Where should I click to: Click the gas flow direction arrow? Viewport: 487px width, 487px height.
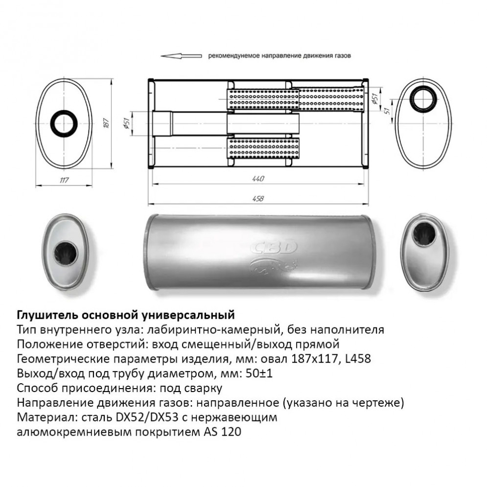pyautogui.click(x=181, y=56)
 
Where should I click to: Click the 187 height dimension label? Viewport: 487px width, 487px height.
pyautogui.click(x=106, y=123)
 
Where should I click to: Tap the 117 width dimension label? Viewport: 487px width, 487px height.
pyautogui.click(x=64, y=180)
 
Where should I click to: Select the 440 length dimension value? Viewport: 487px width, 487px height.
pyautogui.click(x=258, y=179)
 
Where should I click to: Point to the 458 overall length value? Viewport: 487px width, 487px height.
pyautogui.click(x=258, y=198)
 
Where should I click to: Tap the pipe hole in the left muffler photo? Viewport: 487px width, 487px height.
pyautogui.click(x=65, y=253)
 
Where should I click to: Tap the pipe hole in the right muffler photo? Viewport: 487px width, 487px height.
pyautogui.click(x=424, y=234)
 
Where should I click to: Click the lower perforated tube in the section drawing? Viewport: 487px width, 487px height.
pyautogui.click(x=263, y=148)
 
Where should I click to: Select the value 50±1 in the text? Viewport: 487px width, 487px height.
pyautogui.click(x=259, y=373)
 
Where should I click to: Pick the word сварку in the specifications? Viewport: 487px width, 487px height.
pyautogui.click(x=203, y=388)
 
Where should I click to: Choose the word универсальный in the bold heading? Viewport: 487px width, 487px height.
pyautogui.click(x=188, y=315)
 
